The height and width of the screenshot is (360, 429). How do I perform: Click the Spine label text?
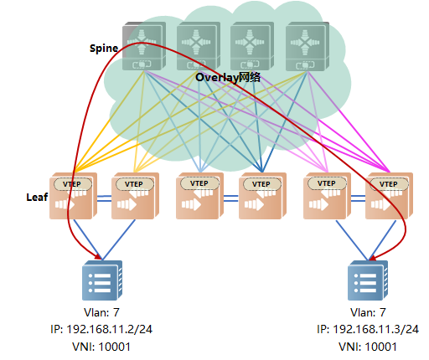[x=104, y=49]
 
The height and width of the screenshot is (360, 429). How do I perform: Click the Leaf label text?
[x=37, y=197]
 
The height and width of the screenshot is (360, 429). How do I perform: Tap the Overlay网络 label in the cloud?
[x=228, y=77]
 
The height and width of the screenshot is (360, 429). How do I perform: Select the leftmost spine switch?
[x=144, y=46]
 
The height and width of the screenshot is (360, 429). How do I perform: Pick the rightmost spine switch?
[x=308, y=46]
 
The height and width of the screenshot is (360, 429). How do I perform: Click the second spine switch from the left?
[x=199, y=46]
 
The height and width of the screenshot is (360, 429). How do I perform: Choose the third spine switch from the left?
[x=252, y=46]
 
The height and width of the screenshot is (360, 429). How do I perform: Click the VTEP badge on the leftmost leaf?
[x=73, y=184]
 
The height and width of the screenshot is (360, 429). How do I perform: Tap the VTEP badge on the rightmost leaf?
[x=389, y=184]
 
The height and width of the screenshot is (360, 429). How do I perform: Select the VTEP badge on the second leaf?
[x=135, y=184]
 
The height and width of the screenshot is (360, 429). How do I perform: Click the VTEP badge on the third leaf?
[x=199, y=183]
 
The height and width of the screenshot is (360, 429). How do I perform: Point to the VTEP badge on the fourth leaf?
[x=262, y=184]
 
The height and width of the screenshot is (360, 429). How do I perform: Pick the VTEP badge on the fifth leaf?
[x=327, y=183]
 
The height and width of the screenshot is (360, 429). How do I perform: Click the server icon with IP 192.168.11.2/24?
[x=102, y=280]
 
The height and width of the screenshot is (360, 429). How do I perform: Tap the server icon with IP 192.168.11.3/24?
[x=368, y=280]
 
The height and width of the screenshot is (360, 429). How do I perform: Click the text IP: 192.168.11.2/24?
[x=101, y=329]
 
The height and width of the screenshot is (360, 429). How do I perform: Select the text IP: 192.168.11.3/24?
[x=368, y=329]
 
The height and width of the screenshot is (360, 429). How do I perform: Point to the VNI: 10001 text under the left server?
[x=101, y=347]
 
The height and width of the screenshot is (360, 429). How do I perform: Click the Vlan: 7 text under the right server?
[x=368, y=312]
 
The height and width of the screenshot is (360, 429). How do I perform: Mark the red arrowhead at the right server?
[x=373, y=257]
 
